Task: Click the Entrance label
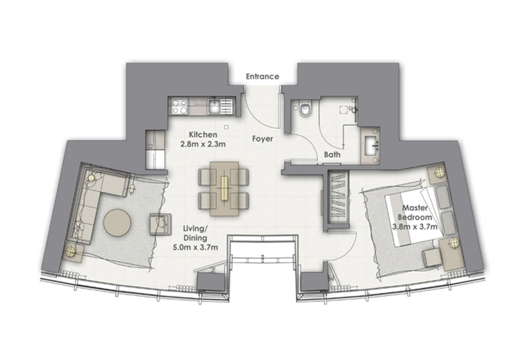(262, 76)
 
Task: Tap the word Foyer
(262, 139)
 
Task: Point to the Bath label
(332, 155)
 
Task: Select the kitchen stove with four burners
(180, 106)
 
